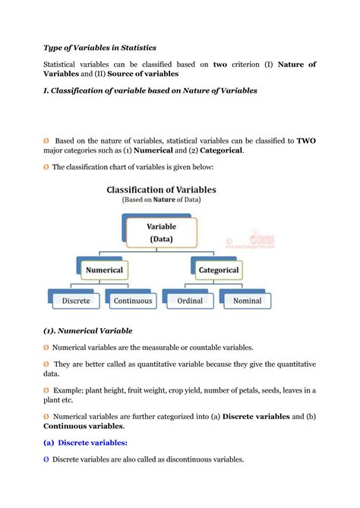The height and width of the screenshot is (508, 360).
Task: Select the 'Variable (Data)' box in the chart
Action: pos(160,232)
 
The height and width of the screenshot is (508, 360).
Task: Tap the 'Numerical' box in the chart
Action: pos(104,270)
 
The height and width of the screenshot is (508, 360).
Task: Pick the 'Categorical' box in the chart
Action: pos(219,270)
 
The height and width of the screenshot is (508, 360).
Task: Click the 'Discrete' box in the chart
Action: pos(75,301)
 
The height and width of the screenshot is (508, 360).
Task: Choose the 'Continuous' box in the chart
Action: pos(132,301)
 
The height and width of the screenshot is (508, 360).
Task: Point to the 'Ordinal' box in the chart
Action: pos(190,301)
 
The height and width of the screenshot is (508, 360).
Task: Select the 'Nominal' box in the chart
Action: pos(247,301)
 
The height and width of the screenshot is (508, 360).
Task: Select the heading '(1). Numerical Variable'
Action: pos(88,330)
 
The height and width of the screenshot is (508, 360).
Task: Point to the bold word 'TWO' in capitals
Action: pos(305,140)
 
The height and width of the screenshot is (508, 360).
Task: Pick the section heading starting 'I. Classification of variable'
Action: pos(150,90)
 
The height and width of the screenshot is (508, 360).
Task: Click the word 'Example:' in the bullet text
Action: pos(71,390)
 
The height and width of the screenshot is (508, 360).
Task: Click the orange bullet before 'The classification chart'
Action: pos(46,166)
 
